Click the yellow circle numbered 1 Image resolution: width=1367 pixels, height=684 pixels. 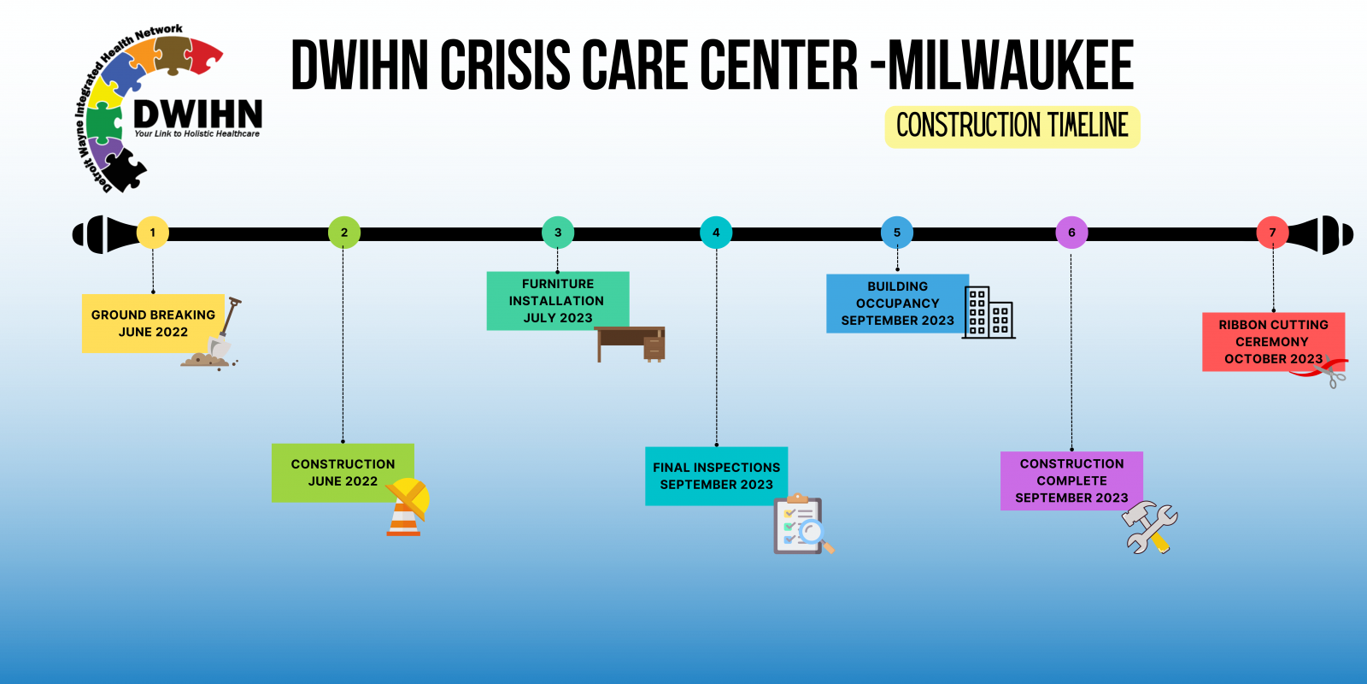pyautogui.click(x=153, y=233)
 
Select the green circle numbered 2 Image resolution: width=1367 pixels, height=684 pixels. pyautogui.click(x=344, y=233)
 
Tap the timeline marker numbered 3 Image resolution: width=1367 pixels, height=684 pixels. pyautogui.click(x=558, y=233)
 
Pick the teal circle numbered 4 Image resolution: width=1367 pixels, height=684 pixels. pyautogui.click(x=716, y=233)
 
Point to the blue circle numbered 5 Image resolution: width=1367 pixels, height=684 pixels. pyautogui.click(x=897, y=233)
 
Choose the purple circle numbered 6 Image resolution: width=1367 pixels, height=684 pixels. pyautogui.click(x=1071, y=233)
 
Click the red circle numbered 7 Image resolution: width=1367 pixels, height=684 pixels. pyautogui.click(x=1272, y=233)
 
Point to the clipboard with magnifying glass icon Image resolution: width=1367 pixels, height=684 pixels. pyautogui.click(x=803, y=525)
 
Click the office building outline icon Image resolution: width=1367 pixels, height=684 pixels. pyautogui.click(x=989, y=312)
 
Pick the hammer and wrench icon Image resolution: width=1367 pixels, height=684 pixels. pyautogui.click(x=1150, y=528)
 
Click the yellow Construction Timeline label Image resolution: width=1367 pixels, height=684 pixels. pyautogui.click(x=1012, y=127)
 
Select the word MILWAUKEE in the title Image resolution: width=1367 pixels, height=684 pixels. pyautogui.click(x=1011, y=65)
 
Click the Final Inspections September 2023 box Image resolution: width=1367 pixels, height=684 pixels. pyautogui.click(x=717, y=476)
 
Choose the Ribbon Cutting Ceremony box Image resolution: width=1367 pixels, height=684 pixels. pyautogui.click(x=1274, y=342)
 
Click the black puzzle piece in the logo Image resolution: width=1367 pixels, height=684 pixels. pyautogui.click(x=125, y=170)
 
